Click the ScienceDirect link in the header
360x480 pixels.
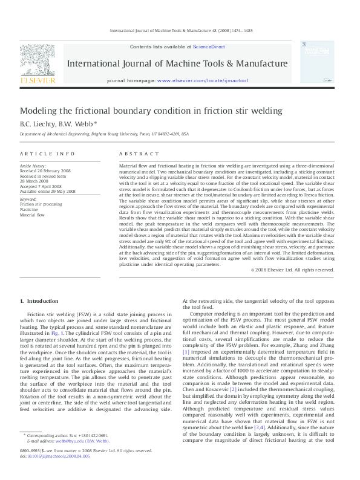click(209, 47)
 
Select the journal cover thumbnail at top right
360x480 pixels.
click(317, 62)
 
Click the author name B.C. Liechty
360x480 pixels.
click(38, 123)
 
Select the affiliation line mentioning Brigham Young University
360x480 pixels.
click(103, 134)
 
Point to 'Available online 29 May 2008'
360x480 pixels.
click(48, 191)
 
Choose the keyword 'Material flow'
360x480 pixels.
click(33, 215)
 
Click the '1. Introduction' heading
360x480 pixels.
click(39, 301)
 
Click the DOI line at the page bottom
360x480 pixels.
click(55, 456)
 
